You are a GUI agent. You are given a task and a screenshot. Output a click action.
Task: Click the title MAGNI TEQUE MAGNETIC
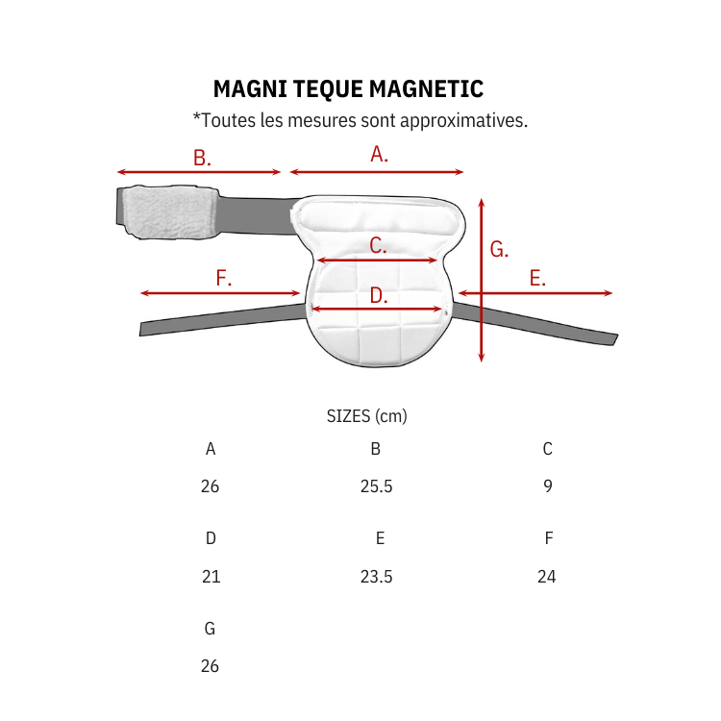[348, 89]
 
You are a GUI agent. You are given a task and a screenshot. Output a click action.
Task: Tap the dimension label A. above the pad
[379, 154]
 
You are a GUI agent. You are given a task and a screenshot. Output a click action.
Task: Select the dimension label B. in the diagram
[201, 159]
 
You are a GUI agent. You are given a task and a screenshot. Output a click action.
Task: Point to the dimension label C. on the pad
[378, 246]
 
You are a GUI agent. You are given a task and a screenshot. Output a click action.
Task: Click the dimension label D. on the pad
[378, 296]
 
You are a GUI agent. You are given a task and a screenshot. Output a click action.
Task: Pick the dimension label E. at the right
[537, 279]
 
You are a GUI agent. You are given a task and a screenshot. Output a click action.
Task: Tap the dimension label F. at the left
[223, 279]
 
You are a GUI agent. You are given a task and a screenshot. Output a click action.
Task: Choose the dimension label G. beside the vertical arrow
[499, 250]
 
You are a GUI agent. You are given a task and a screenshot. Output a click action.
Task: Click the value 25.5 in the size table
[376, 486]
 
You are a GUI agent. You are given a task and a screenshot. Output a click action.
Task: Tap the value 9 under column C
[548, 486]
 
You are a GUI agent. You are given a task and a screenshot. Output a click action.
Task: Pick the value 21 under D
[211, 577]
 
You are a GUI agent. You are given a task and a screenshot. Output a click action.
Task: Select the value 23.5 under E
[376, 577]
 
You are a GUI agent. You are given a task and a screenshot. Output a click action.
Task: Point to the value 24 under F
[547, 577]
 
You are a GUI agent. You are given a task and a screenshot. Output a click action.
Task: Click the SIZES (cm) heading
[367, 416]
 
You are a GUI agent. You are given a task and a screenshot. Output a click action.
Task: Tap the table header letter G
[210, 629]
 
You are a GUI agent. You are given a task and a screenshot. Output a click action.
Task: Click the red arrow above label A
[377, 172]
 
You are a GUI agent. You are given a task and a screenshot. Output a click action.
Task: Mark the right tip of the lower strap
[613, 338]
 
